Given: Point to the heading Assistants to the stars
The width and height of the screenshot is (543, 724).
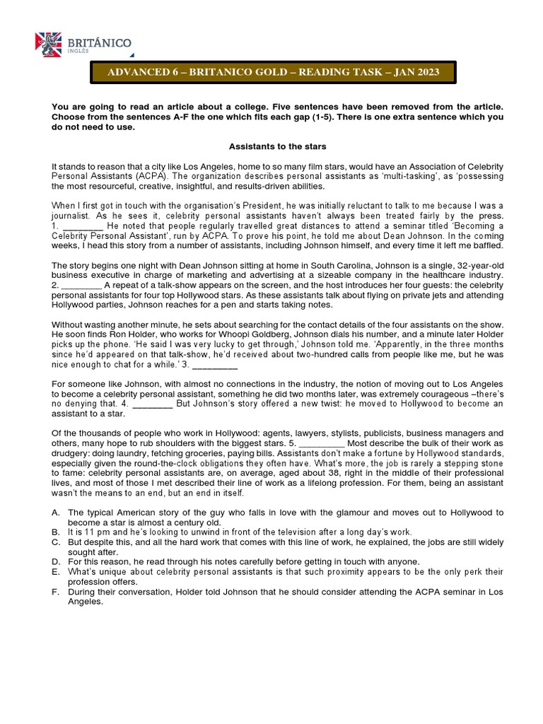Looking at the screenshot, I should click(x=277, y=146).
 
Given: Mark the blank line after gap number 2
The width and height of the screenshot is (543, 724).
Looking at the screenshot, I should click(x=83, y=284).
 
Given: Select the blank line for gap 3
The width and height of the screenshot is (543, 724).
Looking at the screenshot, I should click(x=215, y=365).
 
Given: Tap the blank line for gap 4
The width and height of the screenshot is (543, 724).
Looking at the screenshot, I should click(x=153, y=404).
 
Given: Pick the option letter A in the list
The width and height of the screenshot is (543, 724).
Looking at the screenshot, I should click(x=55, y=512).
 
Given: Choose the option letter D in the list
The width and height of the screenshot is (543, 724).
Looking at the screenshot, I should click(x=55, y=561).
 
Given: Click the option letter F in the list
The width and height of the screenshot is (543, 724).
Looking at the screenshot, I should click(x=55, y=591).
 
